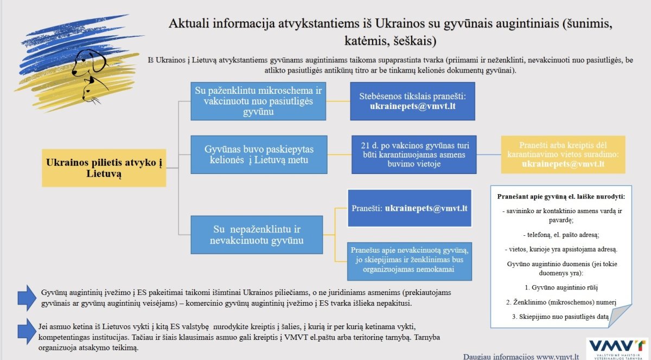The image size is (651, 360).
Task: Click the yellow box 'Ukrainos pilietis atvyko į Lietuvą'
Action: pyautogui.click(x=104, y=168)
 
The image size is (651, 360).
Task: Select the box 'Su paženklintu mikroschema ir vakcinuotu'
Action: pyautogui.click(x=258, y=101)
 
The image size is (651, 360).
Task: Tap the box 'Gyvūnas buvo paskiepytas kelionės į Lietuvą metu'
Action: pyautogui.click(x=259, y=155)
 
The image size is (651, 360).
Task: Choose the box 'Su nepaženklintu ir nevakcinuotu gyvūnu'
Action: pyautogui.click(x=257, y=235)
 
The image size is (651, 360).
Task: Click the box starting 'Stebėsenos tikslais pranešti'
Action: pyautogui.click(x=413, y=101)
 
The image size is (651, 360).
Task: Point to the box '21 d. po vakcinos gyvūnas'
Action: pyautogui.click(x=414, y=155)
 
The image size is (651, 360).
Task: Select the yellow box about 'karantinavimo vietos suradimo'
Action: pyautogui.click(x=563, y=155)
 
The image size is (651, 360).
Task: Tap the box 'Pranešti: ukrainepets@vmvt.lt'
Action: pyautogui.click(x=410, y=208)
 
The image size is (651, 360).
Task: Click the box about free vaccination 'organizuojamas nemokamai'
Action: pyautogui.click(x=410, y=261)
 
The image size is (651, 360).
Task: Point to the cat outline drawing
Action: pyautogui.click(x=92, y=91)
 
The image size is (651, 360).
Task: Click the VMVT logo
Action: pyautogui.click(x=617, y=349)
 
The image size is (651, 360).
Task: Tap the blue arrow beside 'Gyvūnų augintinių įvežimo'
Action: pyautogui.click(x=27, y=298)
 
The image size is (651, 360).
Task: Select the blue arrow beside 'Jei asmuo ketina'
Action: pyautogui.click(x=27, y=331)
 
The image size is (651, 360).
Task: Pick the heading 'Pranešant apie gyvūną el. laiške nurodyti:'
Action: pyautogui.click(x=561, y=197)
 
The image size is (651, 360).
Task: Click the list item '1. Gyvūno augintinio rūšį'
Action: pyautogui.click(x=561, y=288)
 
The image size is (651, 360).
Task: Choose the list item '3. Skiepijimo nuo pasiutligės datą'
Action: pyautogui.click(x=560, y=317)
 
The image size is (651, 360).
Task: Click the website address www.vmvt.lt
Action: pyautogui.click(x=558, y=357)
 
